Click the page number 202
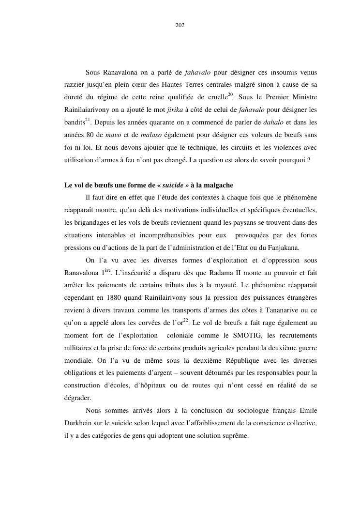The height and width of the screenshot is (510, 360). pyautogui.click(x=180, y=25)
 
